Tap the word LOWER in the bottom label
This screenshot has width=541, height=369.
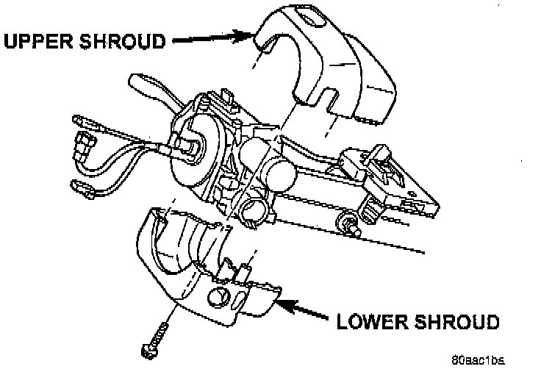(373, 321)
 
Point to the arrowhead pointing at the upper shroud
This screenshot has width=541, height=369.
(247, 34)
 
